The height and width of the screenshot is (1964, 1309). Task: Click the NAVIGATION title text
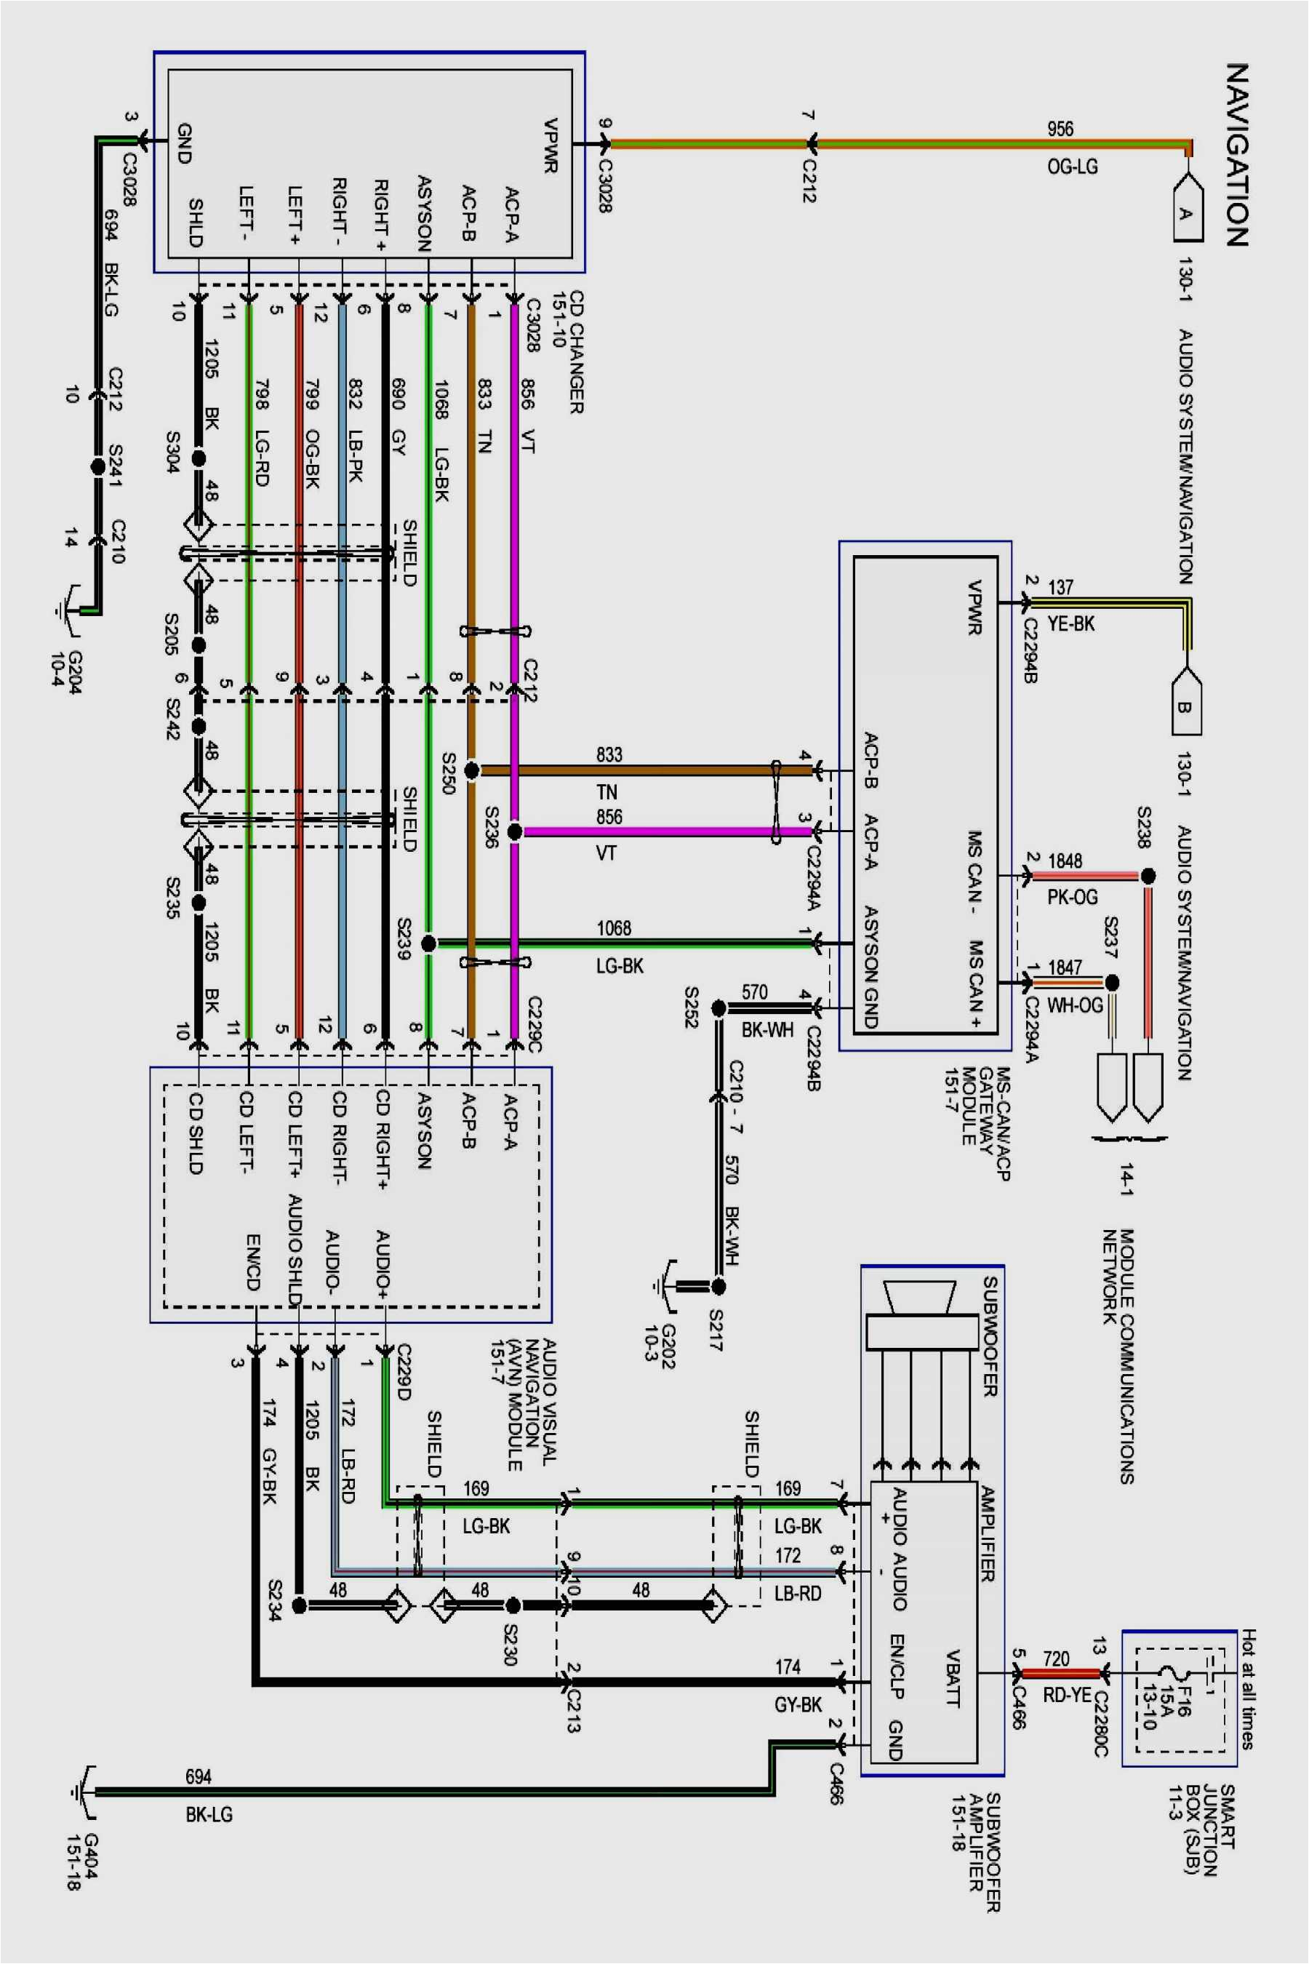coord(1237,154)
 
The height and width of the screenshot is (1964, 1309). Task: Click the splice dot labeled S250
coord(472,770)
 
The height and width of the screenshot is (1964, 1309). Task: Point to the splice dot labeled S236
coord(515,831)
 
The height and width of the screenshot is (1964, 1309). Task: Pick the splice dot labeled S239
coord(428,943)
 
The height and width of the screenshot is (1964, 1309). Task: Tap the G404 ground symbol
coord(84,1791)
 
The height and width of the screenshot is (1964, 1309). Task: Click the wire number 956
coord(1060,129)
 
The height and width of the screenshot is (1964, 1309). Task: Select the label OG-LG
coord(1072,166)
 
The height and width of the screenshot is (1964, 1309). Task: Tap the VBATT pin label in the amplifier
coord(953,1677)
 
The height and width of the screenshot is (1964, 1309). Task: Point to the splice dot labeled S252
coord(718,1009)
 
